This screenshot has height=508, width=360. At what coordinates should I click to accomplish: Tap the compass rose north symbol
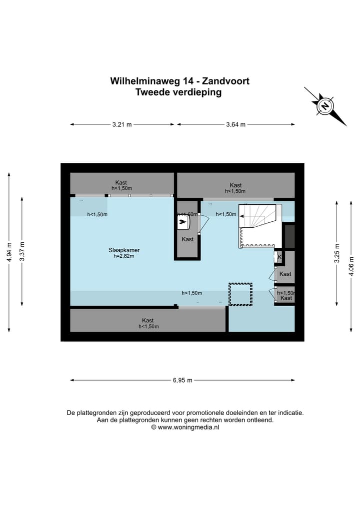(x=325, y=106)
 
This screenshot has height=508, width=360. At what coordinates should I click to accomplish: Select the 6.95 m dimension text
(x=182, y=380)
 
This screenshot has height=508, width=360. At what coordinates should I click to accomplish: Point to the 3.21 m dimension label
(x=122, y=125)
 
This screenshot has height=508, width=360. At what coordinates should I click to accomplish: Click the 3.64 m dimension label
(x=236, y=125)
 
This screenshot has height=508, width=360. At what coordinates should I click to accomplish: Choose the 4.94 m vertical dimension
(x=8, y=252)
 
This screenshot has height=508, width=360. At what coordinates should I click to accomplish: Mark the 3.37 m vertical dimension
(x=22, y=252)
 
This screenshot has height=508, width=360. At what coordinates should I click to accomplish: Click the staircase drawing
(x=257, y=226)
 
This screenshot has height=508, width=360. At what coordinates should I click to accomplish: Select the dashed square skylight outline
(x=240, y=294)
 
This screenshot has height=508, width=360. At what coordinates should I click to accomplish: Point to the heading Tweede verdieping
(x=178, y=92)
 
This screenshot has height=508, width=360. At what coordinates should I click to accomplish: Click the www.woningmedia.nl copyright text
(x=188, y=428)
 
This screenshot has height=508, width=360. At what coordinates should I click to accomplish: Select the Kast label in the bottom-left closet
(x=147, y=320)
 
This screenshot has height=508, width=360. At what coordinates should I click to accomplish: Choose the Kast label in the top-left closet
(x=121, y=182)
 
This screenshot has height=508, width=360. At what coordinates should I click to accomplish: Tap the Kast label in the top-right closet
(x=235, y=185)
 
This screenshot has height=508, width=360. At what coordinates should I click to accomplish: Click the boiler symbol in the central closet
(x=183, y=222)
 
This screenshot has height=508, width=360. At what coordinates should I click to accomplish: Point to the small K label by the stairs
(x=279, y=257)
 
